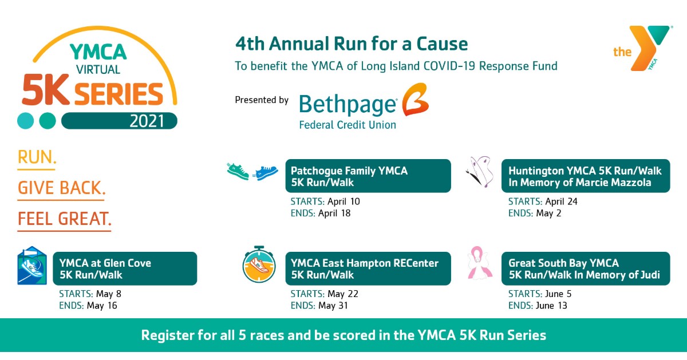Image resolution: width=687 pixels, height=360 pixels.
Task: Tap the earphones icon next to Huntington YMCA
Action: (x=481, y=172)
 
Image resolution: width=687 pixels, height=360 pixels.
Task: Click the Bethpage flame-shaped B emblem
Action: (x=414, y=101)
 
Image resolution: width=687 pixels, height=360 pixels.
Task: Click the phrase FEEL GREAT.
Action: (x=64, y=219)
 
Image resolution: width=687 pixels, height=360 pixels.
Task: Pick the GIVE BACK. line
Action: (x=61, y=188)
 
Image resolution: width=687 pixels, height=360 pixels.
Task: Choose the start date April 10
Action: (x=344, y=201)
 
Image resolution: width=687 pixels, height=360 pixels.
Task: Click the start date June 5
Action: (x=556, y=294)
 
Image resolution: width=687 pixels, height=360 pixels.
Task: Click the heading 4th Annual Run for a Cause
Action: (x=351, y=44)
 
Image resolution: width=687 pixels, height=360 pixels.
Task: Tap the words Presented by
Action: (x=262, y=100)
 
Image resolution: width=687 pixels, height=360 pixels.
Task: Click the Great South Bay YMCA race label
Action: (x=585, y=269)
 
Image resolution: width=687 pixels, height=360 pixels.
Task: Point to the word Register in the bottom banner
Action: (x=166, y=335)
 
